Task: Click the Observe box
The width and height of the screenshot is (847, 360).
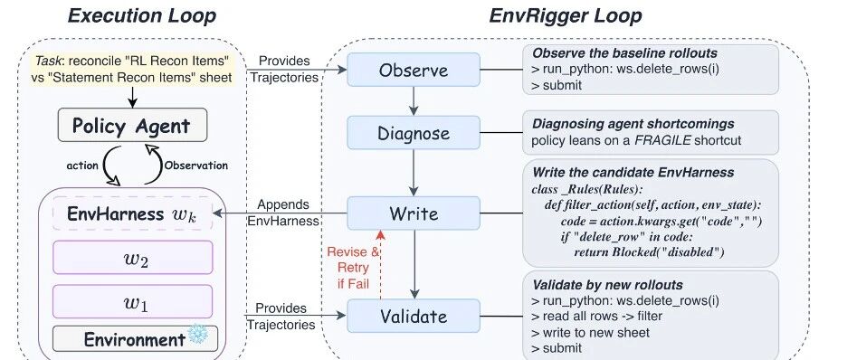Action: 414,70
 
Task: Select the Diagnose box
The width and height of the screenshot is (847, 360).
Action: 414,133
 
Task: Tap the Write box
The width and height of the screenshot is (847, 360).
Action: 414,213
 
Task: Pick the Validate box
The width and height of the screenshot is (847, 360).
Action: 414,316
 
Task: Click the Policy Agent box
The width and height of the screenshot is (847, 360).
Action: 132,125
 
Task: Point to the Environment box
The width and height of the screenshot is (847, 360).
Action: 135,338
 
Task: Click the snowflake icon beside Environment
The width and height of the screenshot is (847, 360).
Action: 198,335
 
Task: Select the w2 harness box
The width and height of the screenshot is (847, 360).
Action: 133,258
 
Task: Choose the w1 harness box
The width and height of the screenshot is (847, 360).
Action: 133,302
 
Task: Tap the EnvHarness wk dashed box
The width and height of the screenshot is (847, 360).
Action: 133,213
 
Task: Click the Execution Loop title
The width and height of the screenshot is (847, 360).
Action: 141,15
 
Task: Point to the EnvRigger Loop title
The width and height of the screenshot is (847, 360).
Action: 566,15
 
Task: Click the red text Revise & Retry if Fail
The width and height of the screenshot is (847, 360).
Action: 353,268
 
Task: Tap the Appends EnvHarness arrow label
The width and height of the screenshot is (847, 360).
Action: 283,213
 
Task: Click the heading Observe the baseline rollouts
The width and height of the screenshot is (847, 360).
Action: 625,52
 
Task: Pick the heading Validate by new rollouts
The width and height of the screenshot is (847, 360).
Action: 608,285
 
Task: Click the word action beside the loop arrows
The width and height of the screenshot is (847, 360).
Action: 82,166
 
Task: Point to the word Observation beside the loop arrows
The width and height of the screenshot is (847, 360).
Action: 196,166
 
